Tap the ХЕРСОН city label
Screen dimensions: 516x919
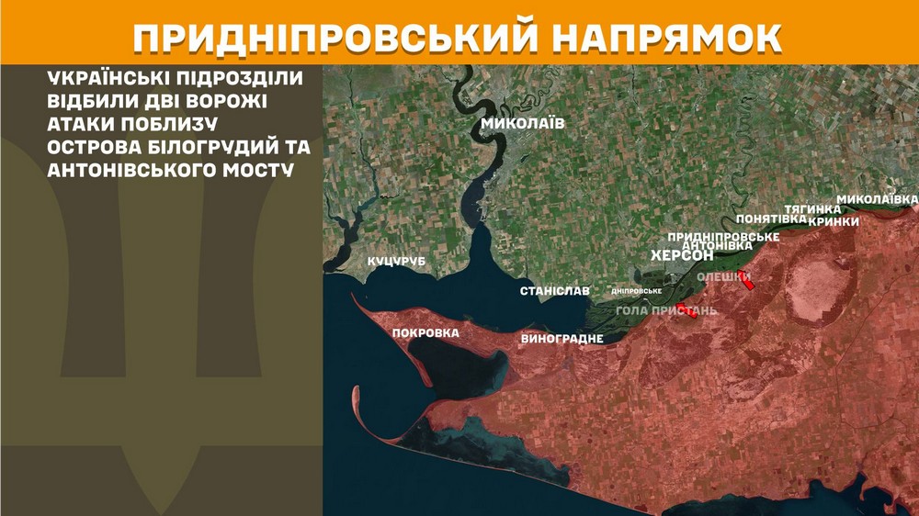682,255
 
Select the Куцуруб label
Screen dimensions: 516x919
398,263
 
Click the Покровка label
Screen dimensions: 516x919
425,333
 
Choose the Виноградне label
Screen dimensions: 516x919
562,339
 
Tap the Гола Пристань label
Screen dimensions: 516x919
666,310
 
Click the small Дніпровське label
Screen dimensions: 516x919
637,291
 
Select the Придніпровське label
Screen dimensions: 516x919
723,237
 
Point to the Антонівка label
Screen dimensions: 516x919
719,245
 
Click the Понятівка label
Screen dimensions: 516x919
771,219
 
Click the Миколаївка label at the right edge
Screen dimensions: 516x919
877,199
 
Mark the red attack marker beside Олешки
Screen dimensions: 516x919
750,284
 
